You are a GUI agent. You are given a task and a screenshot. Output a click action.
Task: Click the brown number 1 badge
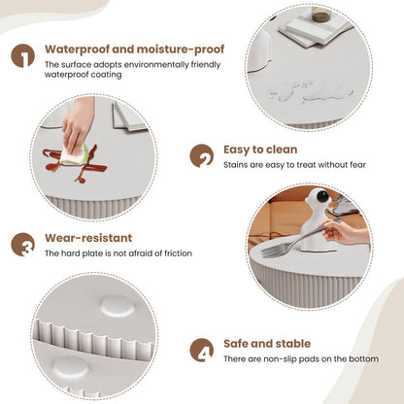click(x=23, y=55)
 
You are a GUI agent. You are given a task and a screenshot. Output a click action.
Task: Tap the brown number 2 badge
click(x=202, y=155)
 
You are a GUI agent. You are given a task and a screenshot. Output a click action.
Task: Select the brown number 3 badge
click(x=23, y=245)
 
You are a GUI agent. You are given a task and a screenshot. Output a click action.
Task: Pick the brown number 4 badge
click(x=202, y=350)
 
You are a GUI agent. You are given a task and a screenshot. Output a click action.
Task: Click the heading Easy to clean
click(x=260, y=150)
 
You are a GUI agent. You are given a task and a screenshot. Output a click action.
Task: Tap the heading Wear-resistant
click(x=88, y=238)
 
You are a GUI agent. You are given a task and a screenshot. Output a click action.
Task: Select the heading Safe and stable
click(x=267, y=344)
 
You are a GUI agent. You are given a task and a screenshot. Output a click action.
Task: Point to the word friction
click(x=178, y=253)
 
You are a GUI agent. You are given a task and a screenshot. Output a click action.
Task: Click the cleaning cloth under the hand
click(x=74, y=155)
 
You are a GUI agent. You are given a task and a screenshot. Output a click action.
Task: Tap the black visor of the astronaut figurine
click(x=322, y=196)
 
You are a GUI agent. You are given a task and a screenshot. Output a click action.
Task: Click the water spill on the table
click(x=310, y=91)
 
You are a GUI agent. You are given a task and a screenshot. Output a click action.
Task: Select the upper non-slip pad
click(x=118, y=306)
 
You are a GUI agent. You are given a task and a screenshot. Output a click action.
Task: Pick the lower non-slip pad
click(x=71, y=368)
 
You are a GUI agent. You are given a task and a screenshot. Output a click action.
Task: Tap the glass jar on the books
click(x=321, y=15)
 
